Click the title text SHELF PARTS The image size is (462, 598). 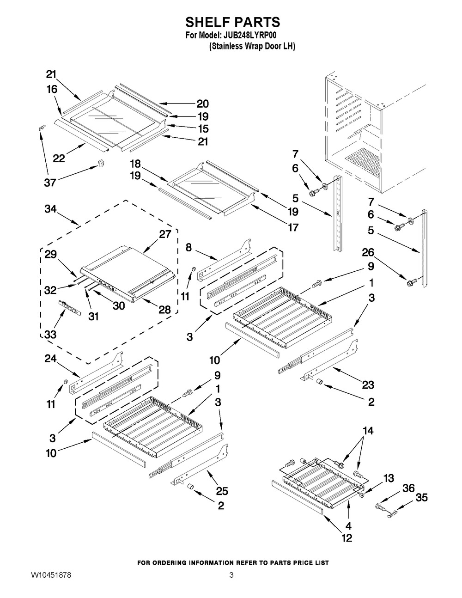click(x=232, y=22)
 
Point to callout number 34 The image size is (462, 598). click(x=51, y=209)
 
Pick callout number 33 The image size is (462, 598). click(x=50, y=334)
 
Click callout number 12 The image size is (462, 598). click(x=346, y=537)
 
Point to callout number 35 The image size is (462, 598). click(x=421, y=498)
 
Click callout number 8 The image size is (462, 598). click(x=188, y=247)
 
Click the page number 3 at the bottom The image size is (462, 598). click(x=231, y=576)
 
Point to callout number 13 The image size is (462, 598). click(x=389, y=478)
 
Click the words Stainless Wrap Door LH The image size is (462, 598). click(x=252, y=46)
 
